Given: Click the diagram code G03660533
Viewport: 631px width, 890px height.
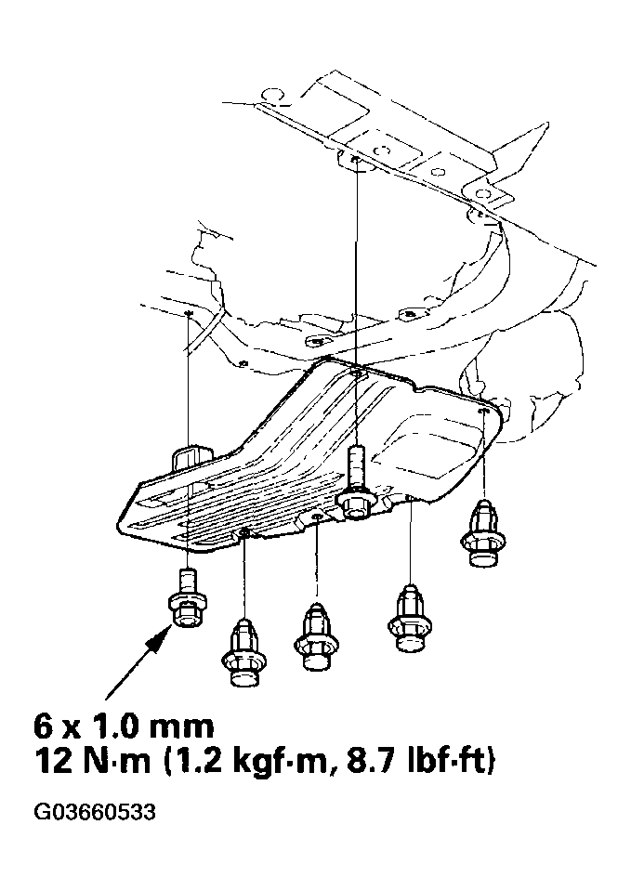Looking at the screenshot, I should (95, 814).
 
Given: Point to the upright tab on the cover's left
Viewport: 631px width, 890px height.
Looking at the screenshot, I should (191, 459).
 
